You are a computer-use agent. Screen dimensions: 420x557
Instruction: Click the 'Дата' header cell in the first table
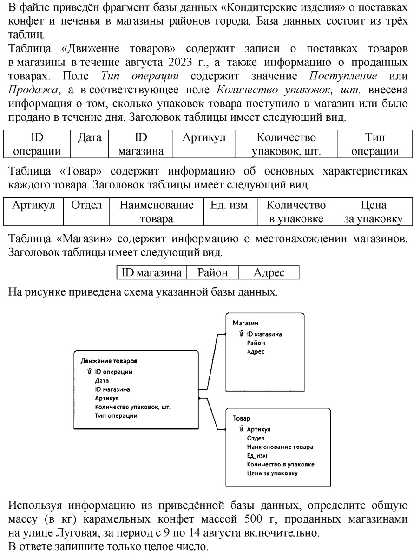click(89, 143)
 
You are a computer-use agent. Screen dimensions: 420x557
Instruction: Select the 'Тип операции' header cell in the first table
click(375, 143)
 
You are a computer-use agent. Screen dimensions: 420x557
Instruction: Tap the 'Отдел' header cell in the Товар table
click(86, 211)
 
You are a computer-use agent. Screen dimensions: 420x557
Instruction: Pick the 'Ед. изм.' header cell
click(230, 211)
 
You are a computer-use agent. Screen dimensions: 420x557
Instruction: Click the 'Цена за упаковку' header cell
click(373, 211)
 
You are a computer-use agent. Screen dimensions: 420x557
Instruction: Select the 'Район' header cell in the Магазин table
click(212, 272)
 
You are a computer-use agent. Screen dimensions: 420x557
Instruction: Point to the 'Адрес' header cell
click(269, 272)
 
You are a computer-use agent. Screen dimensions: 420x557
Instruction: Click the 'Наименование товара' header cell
click(156, 211)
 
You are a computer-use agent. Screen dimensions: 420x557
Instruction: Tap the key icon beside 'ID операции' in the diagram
click(89, 371)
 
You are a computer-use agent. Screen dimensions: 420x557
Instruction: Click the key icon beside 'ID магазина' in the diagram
click(241, 333)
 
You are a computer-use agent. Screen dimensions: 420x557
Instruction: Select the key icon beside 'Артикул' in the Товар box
click(241, 428)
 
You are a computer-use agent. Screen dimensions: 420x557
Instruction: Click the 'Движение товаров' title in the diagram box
click(109, 361)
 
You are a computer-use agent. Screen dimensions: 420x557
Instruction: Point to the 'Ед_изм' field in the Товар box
click(257, 455)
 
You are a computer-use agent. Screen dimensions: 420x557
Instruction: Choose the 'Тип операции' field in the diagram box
click(116, 415)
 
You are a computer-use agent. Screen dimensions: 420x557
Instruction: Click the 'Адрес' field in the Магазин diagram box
click(256, 352)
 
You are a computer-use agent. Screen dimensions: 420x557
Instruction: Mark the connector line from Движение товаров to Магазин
click(212, 362)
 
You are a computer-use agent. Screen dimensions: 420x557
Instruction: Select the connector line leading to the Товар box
click(212, 414)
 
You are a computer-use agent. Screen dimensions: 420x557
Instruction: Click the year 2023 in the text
click(180, 62)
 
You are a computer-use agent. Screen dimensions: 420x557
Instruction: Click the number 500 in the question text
click(253, 518)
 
